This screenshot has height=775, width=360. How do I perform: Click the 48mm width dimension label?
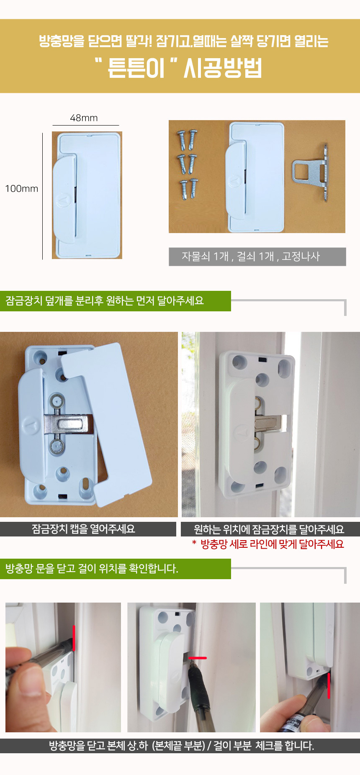(x=84, y=118)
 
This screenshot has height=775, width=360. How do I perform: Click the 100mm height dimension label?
(x=22, y=189)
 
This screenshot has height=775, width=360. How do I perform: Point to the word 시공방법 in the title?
(x=223, y=68)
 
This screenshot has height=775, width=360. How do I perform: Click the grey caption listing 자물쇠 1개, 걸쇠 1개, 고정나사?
(x=257, y=257)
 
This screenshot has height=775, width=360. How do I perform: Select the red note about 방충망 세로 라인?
(x=268, y=544)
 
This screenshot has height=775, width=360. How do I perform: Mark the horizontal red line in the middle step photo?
(x=198, y=658)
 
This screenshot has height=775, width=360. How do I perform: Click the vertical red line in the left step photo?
(x=74, y=638)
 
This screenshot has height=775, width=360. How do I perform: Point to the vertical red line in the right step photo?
(x=329, y=685)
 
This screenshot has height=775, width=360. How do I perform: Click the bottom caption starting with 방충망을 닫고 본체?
(x=180, y=746)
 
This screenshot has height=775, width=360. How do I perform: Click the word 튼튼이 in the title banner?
(x=136, y=68)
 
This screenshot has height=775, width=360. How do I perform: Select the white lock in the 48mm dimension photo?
(x=87, y=195)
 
